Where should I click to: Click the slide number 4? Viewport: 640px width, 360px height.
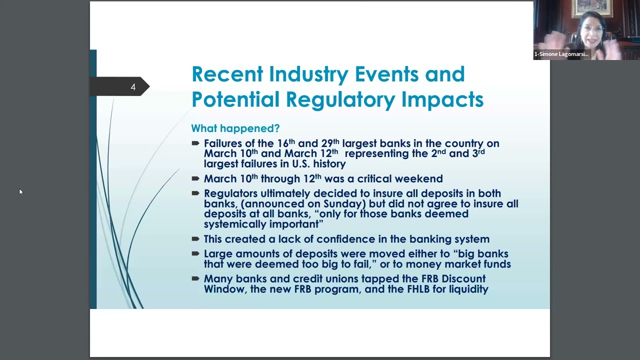(133, 87)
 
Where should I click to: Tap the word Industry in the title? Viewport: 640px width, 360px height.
(308, 74)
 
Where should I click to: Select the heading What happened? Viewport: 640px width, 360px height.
(235, 128)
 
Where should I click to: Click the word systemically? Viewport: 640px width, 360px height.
(235, 224)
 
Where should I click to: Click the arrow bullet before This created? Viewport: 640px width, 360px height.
(195, 239)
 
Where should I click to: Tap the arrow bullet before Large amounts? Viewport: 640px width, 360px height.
(195, 253)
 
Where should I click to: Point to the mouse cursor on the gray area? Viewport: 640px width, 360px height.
(21, 191)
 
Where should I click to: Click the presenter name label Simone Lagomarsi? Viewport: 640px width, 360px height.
(561, 54)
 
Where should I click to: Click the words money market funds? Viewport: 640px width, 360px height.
(458, 264)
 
